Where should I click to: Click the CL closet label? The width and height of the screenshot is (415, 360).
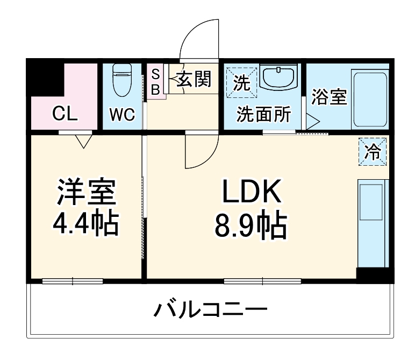pos(65,114)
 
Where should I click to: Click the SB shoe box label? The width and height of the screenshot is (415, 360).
pos(155,82)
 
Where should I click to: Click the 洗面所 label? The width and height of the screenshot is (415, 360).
pos(264,114)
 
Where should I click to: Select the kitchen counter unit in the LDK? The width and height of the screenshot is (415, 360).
pos(371,223)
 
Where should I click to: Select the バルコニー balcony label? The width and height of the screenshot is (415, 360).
pos(211,310)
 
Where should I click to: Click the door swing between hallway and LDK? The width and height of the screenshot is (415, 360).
pos(202,152)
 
